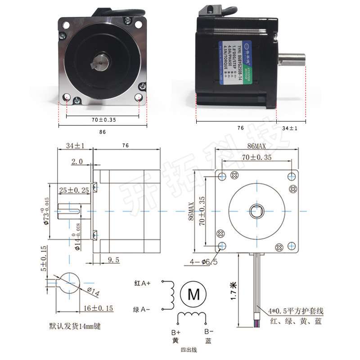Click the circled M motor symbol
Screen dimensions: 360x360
193,294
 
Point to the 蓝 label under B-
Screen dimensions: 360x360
207,341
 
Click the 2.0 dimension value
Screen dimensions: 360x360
77,161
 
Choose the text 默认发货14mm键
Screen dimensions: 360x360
74,326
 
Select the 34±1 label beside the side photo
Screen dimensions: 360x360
290,129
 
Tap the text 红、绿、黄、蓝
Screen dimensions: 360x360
296,321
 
